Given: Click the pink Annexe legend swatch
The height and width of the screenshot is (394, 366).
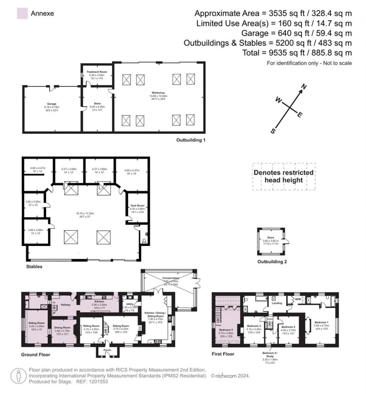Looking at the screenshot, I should coord(22,14).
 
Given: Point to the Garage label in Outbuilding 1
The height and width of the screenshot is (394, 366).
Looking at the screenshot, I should coord(52,103).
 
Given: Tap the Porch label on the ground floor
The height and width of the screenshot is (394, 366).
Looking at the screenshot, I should coord(107,350).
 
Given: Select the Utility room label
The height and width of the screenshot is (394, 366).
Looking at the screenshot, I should coord(129,304).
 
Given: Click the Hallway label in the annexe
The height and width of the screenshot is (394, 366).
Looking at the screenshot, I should coord(65,305).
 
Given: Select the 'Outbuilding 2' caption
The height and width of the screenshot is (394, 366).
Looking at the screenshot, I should coord(272,262).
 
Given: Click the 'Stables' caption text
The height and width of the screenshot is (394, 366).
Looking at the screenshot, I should coord(34,266).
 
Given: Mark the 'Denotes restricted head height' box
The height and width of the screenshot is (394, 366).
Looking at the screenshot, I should coord(284,176).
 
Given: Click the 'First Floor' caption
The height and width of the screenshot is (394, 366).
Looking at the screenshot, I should coord(223,354).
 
